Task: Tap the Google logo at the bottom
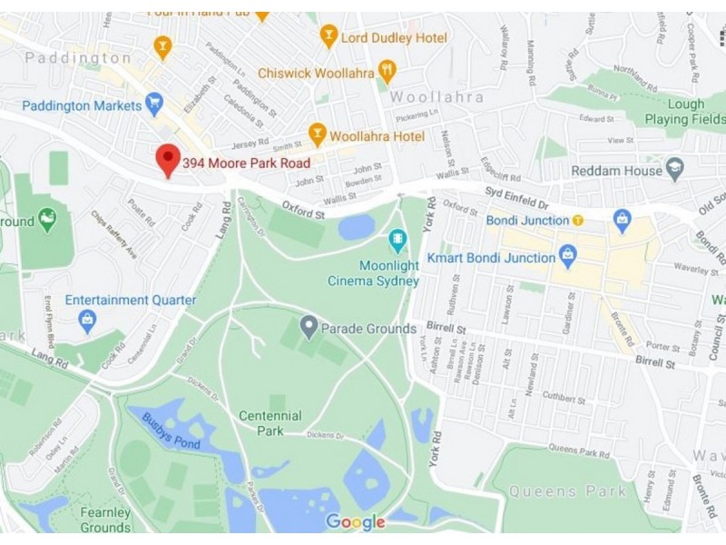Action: click(355, 522)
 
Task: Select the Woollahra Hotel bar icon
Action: click(317, 134)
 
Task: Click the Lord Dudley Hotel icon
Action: click(329, 36)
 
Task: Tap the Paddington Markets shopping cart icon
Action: click(155, 104)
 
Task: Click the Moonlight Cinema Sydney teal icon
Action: click(397, 240)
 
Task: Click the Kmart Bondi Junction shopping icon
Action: click(568, 257)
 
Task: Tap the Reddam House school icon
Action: click(674, 169)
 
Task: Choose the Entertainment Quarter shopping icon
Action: click(87, 319)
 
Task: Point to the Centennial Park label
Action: click(270, 422)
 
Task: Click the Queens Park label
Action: click(567, 491)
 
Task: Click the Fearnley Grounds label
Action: click(105, 520)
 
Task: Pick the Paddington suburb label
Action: click(78, 58)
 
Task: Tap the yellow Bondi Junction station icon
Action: click(577, 221)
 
